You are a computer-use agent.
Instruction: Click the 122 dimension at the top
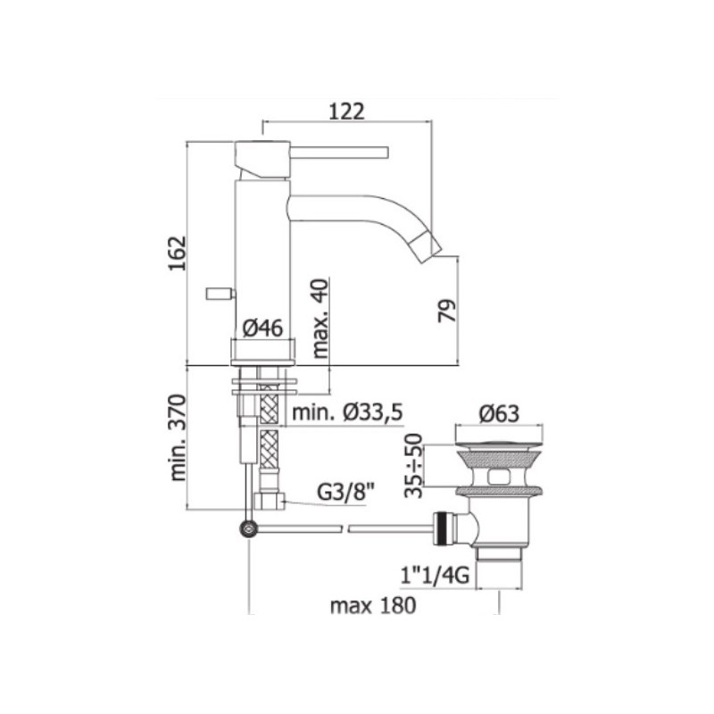346,111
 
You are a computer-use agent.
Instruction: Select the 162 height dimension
177,253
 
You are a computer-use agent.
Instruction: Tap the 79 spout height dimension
447,311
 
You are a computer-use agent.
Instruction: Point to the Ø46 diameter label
262,328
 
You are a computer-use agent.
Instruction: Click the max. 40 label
320,318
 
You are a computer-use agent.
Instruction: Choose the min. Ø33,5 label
347,412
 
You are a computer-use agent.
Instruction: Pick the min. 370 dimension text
178,437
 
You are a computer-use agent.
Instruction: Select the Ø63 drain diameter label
499,414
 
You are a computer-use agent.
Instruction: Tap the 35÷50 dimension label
414,466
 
